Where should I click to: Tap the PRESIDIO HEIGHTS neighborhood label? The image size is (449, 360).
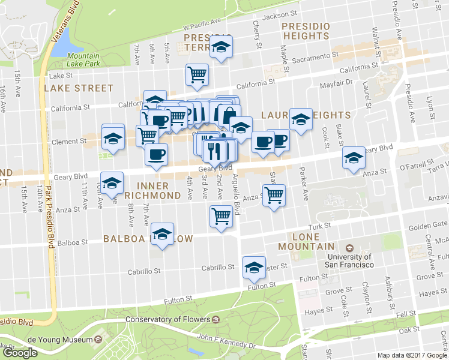pyautogui.click(x=306, y=31)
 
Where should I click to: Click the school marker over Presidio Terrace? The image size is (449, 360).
pyautogui.click(x=221, y=47)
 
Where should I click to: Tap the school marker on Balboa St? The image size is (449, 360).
pyautogui.click(x=162, y=235)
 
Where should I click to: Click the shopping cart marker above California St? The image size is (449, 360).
pyautogui.click(x=197, y=74)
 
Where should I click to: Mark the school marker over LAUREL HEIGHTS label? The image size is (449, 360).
pyautogui.click(x=301, y=119)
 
